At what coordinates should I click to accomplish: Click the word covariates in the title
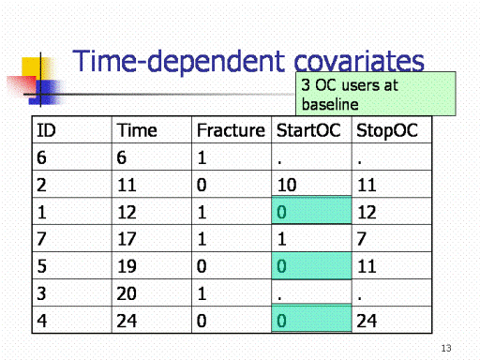coord(359,61)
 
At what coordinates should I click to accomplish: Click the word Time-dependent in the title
coord(179,61)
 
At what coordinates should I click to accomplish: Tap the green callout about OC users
coord(376,94)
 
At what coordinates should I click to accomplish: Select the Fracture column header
coord(231,130)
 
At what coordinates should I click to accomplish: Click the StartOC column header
coord(308,130)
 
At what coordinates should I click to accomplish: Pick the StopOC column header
coord(387,130)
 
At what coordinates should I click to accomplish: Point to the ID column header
coord(46,130)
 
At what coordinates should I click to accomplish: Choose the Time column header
coord(137,130)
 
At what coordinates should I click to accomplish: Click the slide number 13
coord(446,348)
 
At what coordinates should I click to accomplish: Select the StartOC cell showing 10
coord(287,185)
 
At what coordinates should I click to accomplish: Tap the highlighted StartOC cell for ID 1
coord(311,210)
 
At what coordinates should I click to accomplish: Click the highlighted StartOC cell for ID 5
coord(311,265)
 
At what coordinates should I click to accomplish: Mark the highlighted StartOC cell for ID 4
coord(311,318)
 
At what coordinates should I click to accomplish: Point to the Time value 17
coord(127,239)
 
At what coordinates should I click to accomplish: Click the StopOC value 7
coord(362,239)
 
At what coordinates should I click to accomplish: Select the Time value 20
coord(127,293)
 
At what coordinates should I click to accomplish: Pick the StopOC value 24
coord(367,321)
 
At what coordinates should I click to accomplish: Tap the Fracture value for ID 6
coord(202,157)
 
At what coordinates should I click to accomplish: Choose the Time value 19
coord(127,266)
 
